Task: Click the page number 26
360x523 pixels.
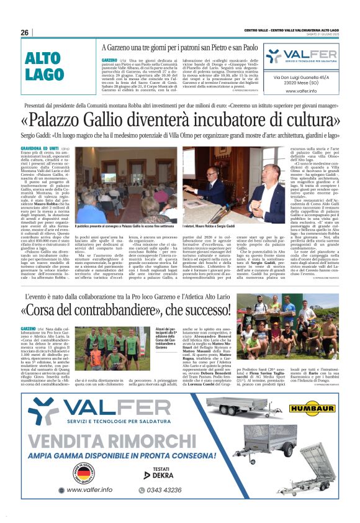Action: (24, 32)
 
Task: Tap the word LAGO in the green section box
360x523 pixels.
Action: (45, 74)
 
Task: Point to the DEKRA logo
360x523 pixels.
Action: (160, 475)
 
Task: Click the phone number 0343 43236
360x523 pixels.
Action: (164, 489)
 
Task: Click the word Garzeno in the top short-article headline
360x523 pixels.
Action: (127, 48)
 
